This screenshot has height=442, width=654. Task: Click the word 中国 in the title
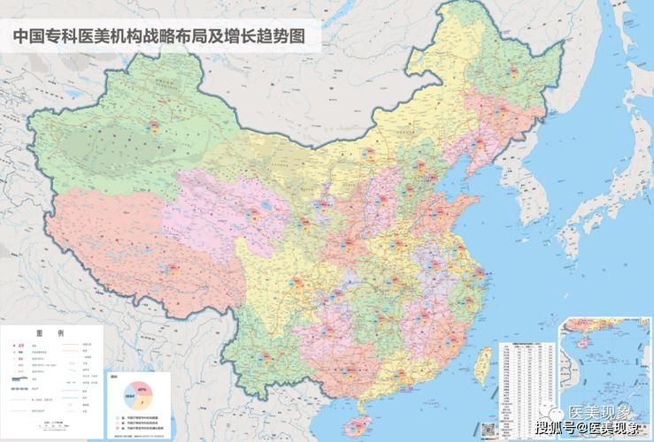pyautogui.click(x=27, y=36)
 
